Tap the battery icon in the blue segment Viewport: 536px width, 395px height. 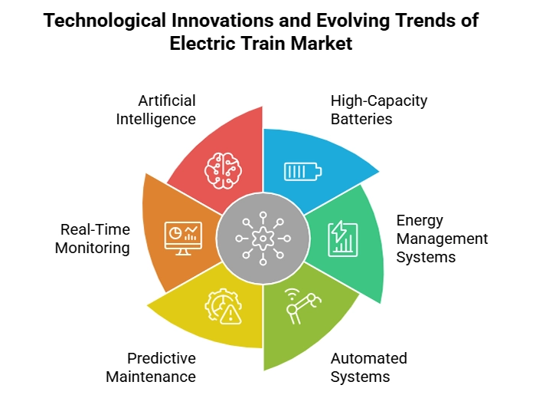[304, 171]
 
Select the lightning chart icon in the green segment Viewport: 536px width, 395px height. [341, 239]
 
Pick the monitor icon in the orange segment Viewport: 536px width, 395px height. [183, 239]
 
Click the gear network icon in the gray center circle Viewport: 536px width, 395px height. [262, 239]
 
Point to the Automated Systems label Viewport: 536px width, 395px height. [368, 367]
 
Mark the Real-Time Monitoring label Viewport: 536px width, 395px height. [93, 239]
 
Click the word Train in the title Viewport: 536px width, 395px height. [262, 44]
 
